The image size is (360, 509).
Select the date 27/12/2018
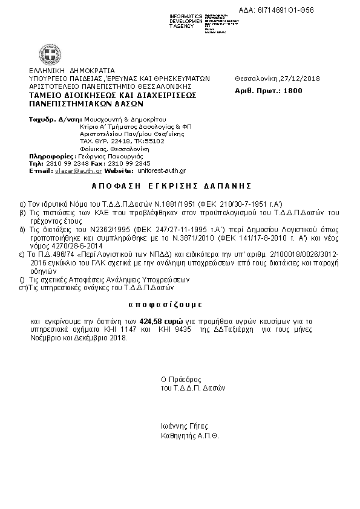(301, 79)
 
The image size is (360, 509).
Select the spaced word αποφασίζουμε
(166, 302)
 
